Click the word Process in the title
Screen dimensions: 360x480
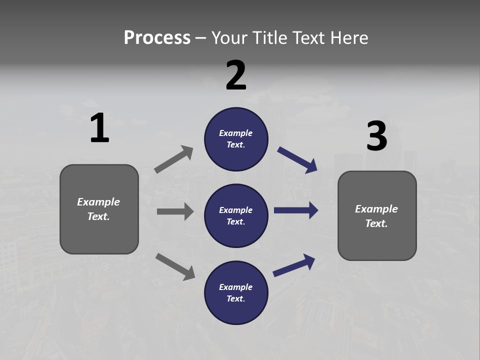click(157, 37)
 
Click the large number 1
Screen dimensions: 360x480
click(99, 128)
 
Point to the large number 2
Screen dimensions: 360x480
click(236, 75)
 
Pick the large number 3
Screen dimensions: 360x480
click(376, 136)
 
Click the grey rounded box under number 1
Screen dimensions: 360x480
click(99, 209)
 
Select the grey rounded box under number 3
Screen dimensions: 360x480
click(377, 215)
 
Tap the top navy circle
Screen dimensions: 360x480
click(236, 139)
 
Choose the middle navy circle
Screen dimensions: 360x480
click(236, 215)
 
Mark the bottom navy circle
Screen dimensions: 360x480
click(236, 292)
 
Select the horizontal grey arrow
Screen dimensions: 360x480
click(175, 211)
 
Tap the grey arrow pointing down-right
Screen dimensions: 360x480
click(175, 266)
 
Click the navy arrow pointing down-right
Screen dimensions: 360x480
click(297, 160)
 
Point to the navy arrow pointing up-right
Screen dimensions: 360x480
click(294, 265)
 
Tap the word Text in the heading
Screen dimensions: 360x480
click(310, 37)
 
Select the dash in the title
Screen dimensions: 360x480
click(201, 38)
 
